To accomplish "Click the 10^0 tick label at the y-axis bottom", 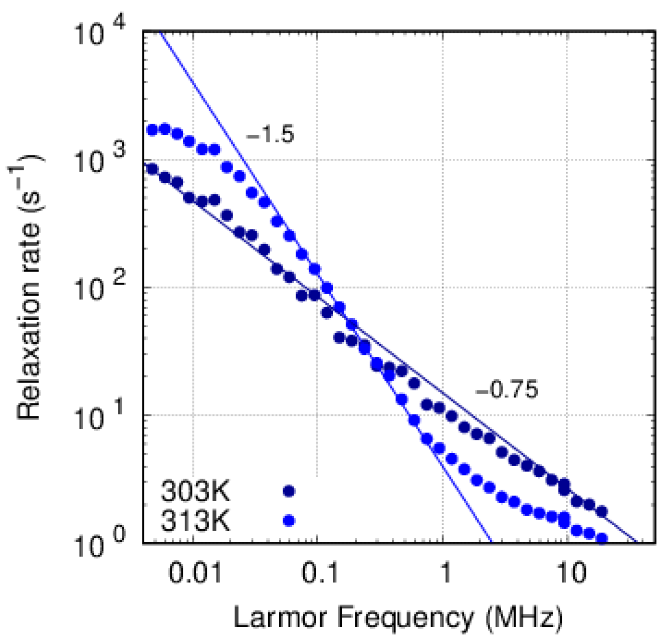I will [101, 543].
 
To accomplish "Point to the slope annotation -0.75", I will [507, 389].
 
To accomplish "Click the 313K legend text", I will [195, 521].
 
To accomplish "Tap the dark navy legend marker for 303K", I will [289, 491].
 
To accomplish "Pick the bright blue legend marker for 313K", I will [289, 521].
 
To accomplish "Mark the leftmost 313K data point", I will [152, 130].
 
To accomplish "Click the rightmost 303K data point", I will [602, 511].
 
